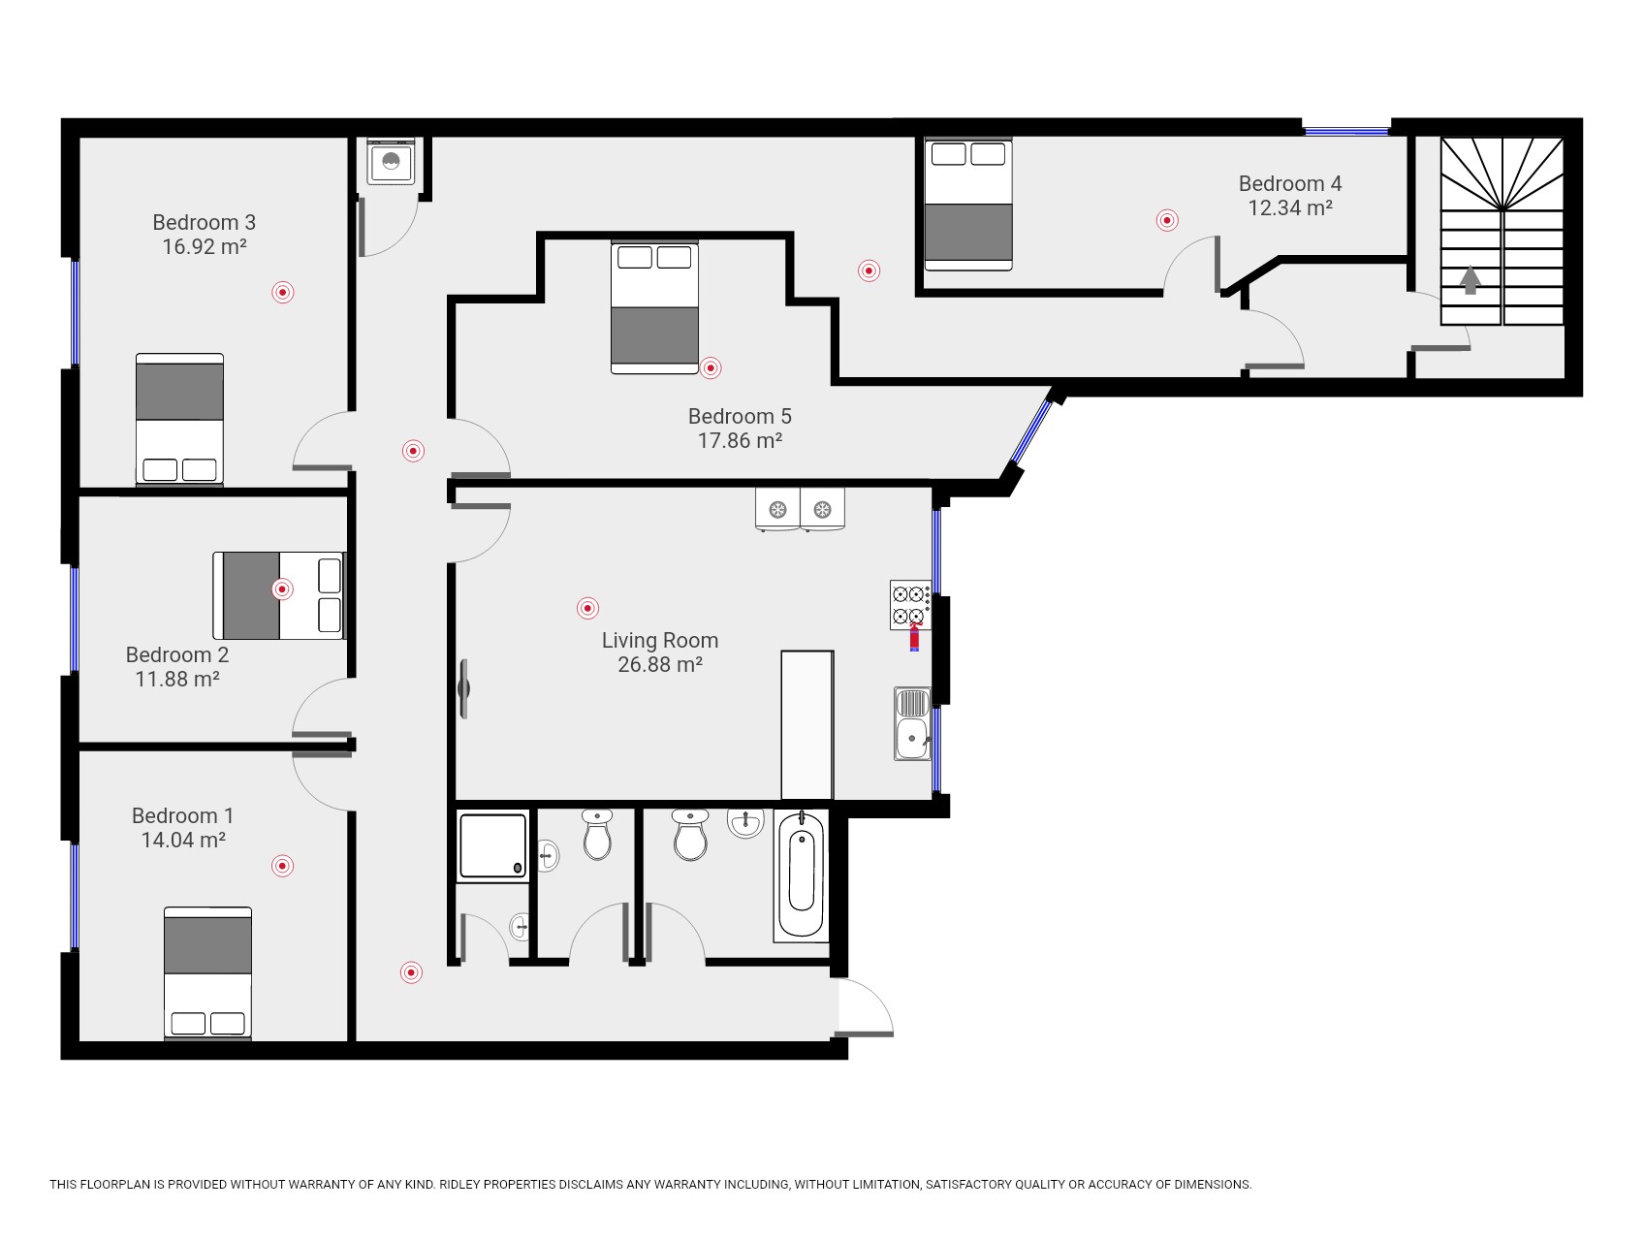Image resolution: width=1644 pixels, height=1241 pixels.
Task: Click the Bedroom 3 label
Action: [204, 223]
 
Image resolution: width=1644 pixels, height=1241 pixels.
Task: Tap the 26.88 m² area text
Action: [660, 665]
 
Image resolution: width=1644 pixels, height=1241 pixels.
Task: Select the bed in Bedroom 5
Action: [655, 307]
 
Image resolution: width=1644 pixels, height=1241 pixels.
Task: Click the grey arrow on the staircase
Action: [1470, 280]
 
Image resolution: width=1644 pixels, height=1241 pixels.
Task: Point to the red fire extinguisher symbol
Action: [914, 637]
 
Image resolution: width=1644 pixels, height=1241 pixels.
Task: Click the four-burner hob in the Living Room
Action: [910, 605]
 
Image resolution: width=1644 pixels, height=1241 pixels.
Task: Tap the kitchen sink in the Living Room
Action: [912, 723]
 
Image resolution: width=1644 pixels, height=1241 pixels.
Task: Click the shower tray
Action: [493, 845]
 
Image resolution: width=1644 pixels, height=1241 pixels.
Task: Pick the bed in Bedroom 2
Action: [279, 595]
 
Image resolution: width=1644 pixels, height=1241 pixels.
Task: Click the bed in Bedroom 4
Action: [968, 204]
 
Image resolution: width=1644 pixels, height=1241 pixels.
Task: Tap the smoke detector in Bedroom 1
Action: [282, 866]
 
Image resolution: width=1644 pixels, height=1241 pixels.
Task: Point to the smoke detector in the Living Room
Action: [587, 608]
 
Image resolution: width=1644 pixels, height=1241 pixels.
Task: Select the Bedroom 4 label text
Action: [1290, 184]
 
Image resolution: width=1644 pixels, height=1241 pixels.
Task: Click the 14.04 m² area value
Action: [183, 841]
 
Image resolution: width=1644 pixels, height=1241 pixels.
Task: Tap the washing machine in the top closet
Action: [392, 161]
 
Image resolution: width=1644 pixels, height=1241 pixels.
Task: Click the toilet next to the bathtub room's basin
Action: [690, 835]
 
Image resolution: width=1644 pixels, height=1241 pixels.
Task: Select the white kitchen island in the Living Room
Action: [806, 725]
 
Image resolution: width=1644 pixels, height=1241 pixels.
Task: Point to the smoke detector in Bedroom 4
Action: [1167, 220]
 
